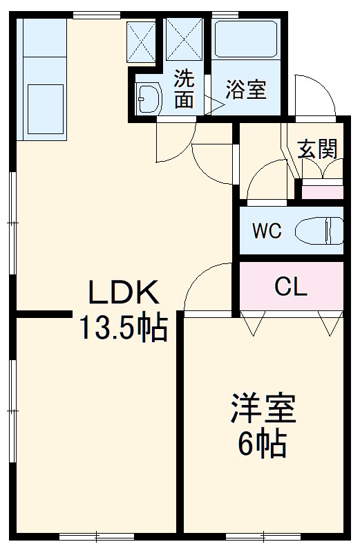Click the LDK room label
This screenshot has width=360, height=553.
point(124,293)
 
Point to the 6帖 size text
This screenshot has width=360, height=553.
point(263,444)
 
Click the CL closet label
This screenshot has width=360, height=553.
point(291,286)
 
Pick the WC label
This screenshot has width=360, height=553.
point(266,231)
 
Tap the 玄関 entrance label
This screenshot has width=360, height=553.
point(317,149)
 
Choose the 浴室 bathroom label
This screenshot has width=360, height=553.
point(247,90)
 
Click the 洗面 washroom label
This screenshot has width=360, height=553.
point(183,89)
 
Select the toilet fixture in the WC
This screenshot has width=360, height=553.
point(324,230)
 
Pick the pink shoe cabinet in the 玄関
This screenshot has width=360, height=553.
point(323,191)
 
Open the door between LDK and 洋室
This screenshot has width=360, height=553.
point(207,287)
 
